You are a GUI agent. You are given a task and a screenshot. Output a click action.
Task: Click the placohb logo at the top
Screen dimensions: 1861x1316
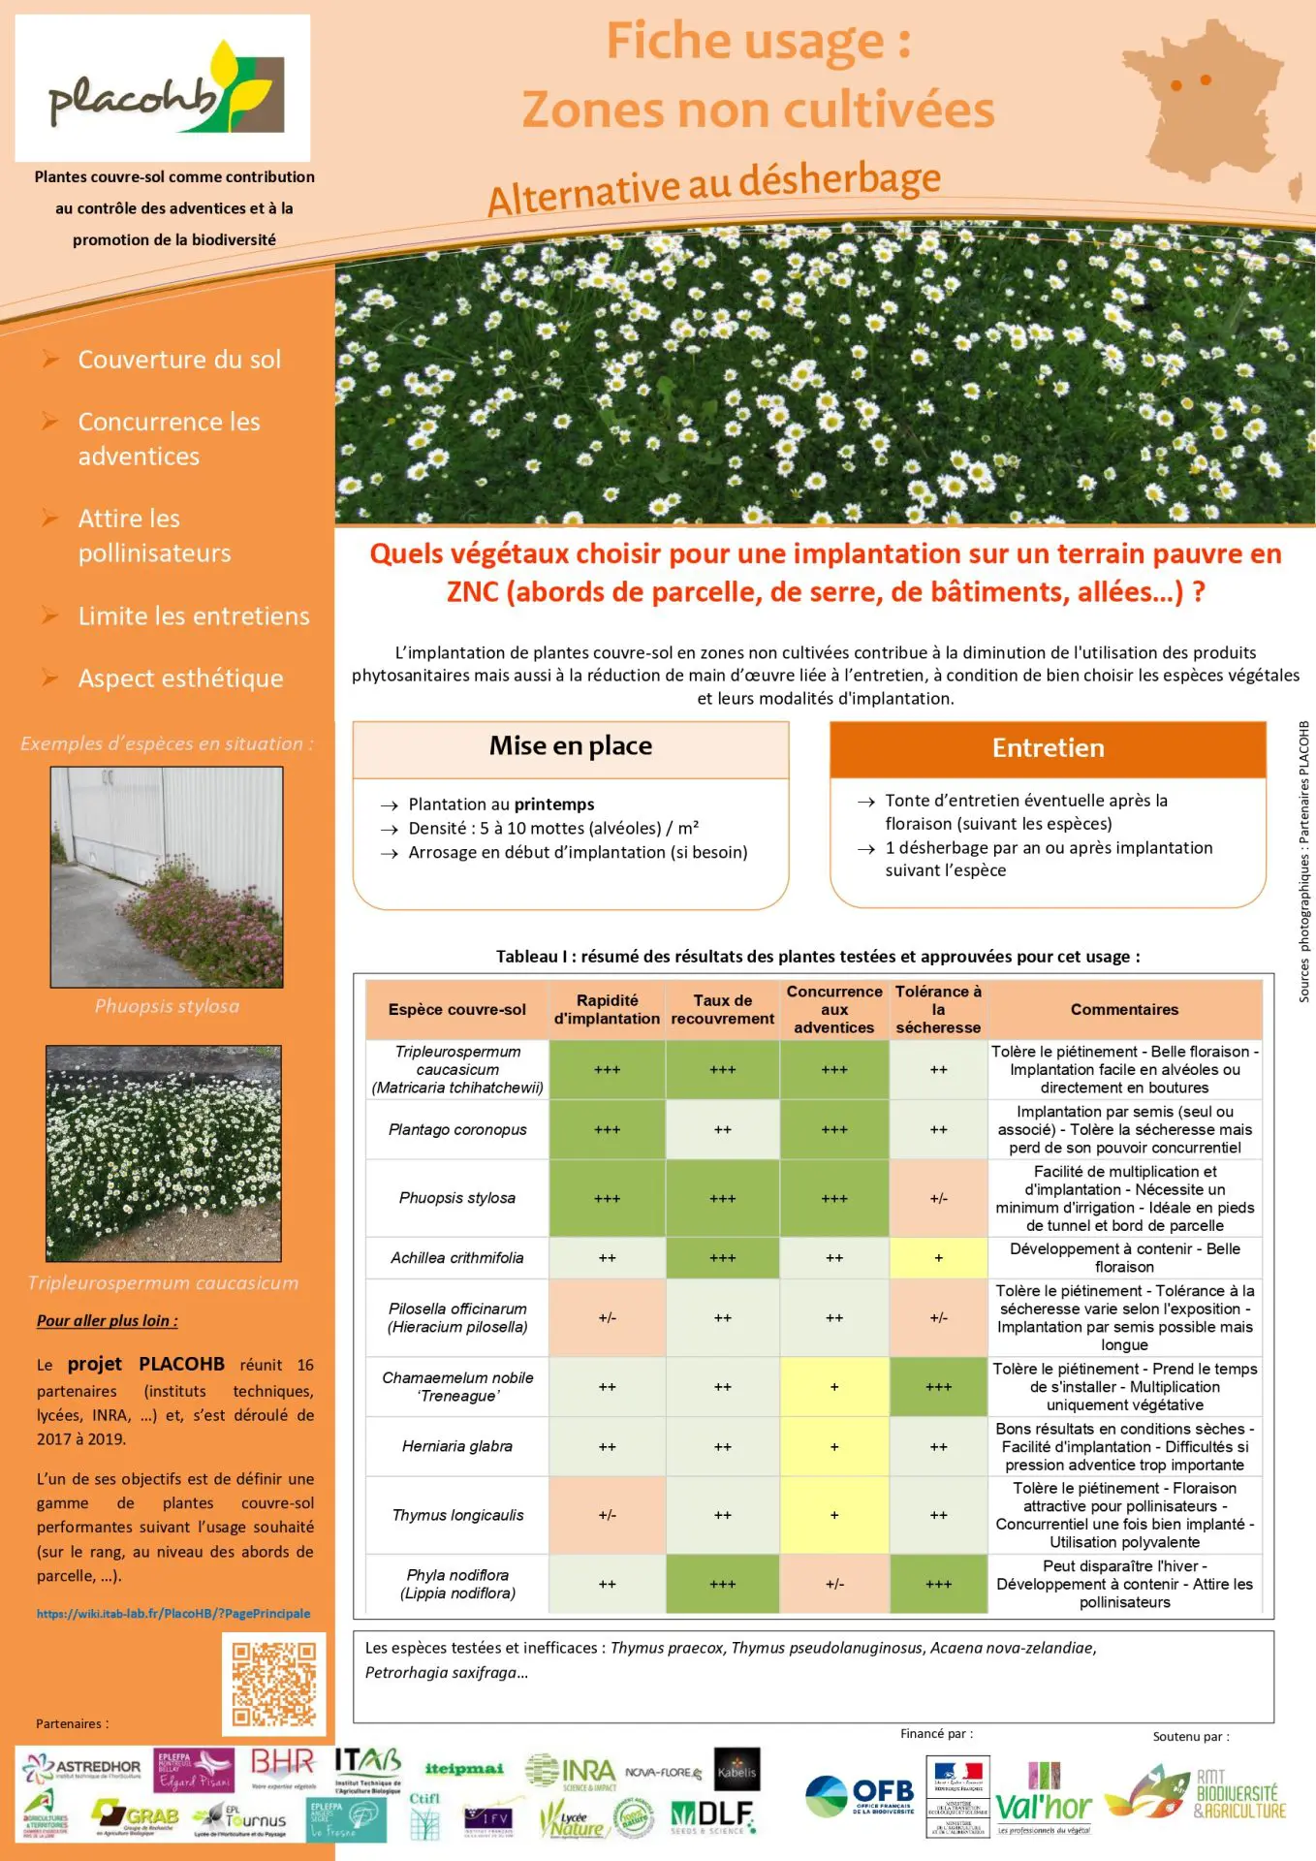[x=163, y=88]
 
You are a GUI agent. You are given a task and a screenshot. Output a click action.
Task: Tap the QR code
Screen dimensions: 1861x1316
[x=274, y=1684]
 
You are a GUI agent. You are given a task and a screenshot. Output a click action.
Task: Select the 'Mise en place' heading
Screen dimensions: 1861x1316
[x=570, y=746]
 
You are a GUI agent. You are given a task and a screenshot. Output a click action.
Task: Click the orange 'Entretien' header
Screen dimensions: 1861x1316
[x=1048, y=748]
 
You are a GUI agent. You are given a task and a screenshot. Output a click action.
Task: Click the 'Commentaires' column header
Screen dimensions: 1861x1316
[x=1124, y=1010]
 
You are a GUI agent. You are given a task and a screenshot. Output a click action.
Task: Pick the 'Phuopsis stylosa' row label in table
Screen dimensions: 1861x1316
[x=457, y=1198]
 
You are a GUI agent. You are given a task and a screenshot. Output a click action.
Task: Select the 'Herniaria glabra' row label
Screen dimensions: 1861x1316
[x=457, y=1446]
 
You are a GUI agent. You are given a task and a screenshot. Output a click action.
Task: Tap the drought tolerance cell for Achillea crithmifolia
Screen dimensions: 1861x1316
[x=938, y=1258]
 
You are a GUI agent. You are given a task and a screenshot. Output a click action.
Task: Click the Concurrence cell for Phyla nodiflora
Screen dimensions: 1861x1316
[x=834, y=1584]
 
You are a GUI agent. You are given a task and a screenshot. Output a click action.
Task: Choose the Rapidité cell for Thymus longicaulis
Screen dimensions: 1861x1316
[x=607, y=1515]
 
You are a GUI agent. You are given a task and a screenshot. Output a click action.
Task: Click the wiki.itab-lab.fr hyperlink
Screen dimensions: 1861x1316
[x=173, y=1614]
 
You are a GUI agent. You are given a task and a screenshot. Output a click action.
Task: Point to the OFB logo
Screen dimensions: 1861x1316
[x=861, y=1797]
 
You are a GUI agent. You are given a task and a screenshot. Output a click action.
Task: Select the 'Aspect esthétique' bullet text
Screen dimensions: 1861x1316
[x=180, y=678]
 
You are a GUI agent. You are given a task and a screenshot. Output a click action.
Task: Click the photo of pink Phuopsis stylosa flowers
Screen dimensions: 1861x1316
[x=167, y=877]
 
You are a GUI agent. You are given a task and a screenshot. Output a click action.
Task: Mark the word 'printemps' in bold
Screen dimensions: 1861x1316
[x=554, y=804]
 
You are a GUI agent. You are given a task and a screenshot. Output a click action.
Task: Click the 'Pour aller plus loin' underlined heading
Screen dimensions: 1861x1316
[x=107, y=1321]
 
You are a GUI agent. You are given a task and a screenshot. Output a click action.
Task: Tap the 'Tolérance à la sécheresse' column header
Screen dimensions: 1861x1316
[x=938, y=1010]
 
